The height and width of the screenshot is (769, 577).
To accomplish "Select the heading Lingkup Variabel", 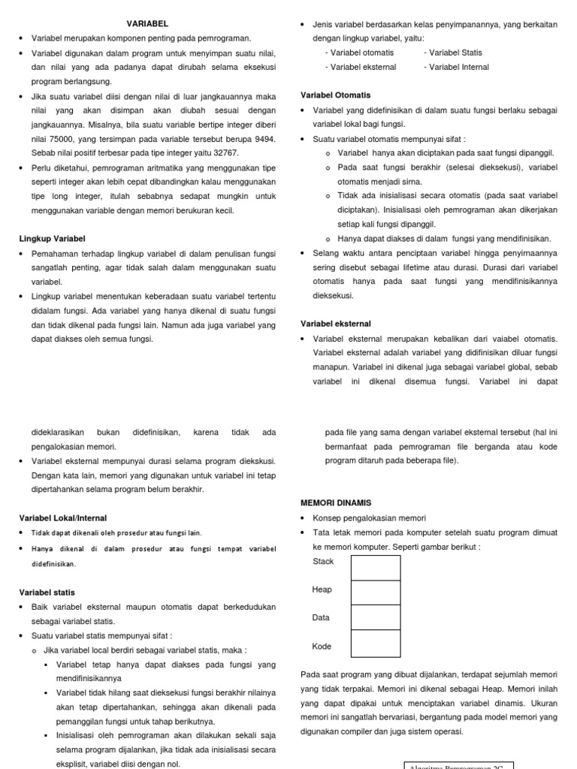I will tap(52, 239).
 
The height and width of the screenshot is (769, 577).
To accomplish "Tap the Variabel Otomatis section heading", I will tap(335, 95).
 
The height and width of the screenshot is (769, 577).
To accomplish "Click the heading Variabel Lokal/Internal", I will tap(62, 517).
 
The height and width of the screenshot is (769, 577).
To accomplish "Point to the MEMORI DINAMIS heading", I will tap(336, 502).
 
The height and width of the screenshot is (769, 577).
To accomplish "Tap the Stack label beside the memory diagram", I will tap(323, 562).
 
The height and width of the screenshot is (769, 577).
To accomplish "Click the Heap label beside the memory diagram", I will tap(322, 590).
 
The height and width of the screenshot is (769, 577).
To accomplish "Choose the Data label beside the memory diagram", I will tap(321, 618).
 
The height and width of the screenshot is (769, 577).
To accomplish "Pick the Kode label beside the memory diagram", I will tap(322, 647).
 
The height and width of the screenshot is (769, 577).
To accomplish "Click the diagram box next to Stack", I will tap(376, 568).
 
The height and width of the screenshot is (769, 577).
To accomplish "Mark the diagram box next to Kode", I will tap(376, 643).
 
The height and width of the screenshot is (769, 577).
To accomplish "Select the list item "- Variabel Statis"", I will tap(453, 53).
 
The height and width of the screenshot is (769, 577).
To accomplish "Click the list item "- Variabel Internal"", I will tap(456, 67).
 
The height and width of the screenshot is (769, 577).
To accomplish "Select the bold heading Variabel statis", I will tap(47, 593).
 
